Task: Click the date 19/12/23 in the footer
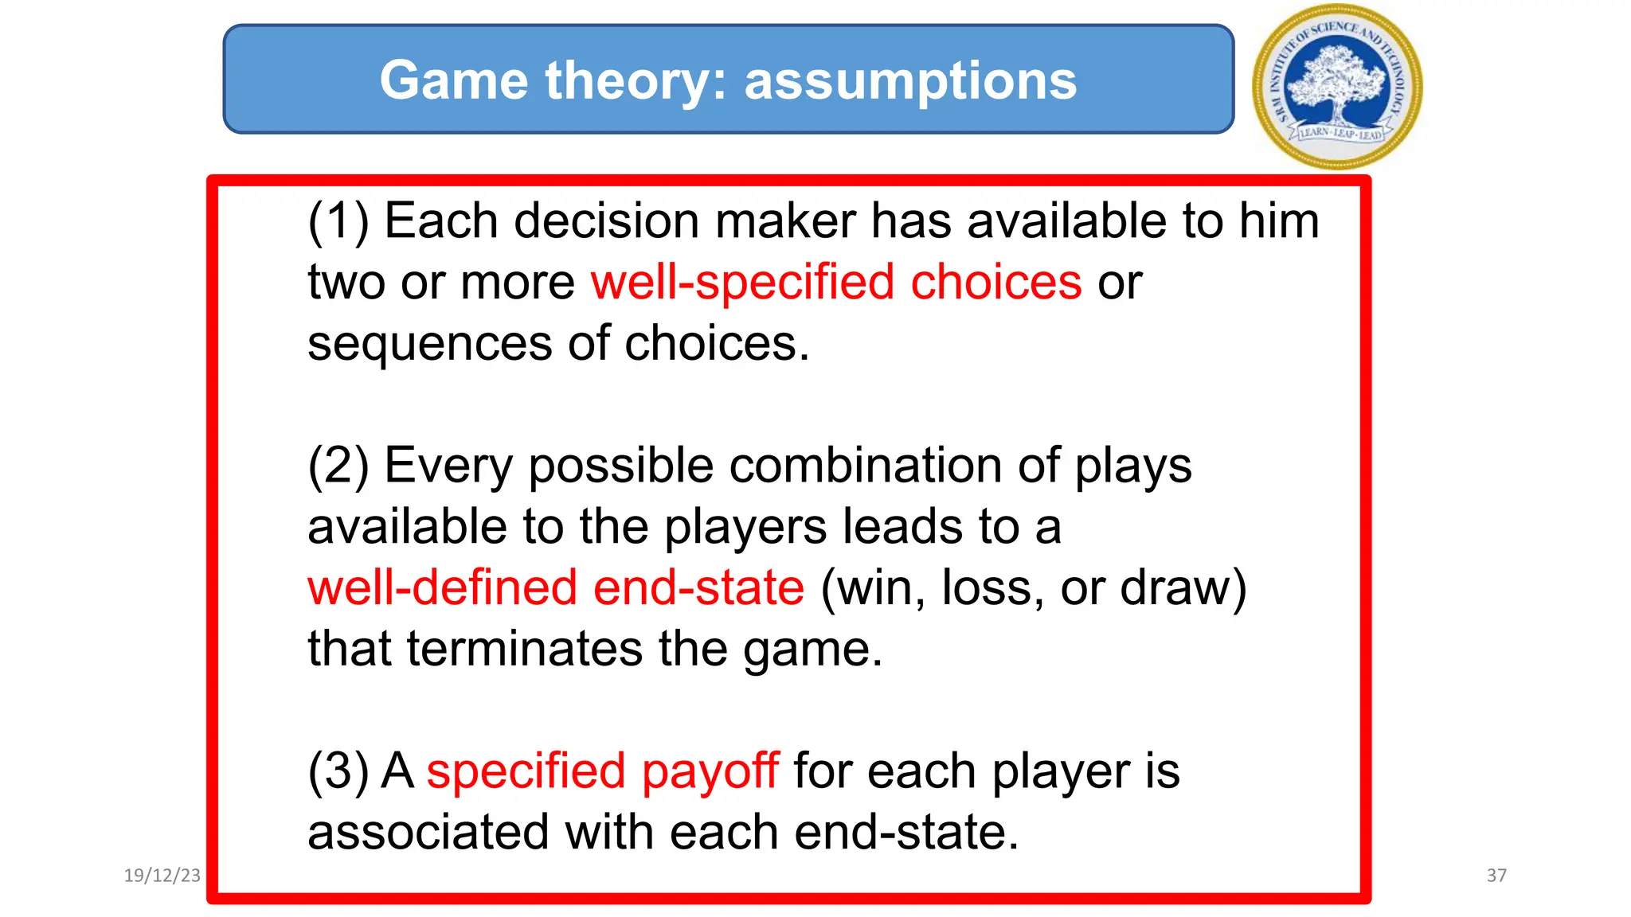(162, 876)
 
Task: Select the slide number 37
(1496, 876)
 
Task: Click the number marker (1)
(338, 221)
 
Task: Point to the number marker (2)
(338, 466)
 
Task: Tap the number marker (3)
(338, 772)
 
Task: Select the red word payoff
(710, 772)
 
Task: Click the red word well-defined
(442, 588)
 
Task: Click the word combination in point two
(866, 466)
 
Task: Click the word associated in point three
(428, 833)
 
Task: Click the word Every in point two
(448, 466)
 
